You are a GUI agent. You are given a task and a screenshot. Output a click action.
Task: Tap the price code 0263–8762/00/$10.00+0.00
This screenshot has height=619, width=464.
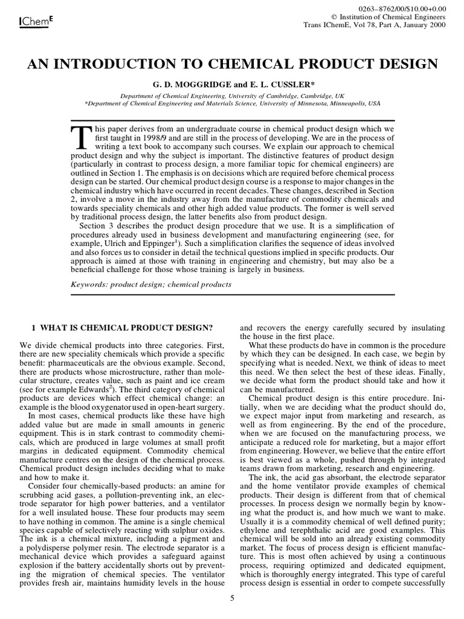tap(406, 7)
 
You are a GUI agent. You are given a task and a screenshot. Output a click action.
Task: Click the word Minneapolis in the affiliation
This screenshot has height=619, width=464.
tap(341, 103)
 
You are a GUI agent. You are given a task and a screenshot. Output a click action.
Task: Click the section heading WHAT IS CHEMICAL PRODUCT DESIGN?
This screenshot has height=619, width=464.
tap(127, 328)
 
